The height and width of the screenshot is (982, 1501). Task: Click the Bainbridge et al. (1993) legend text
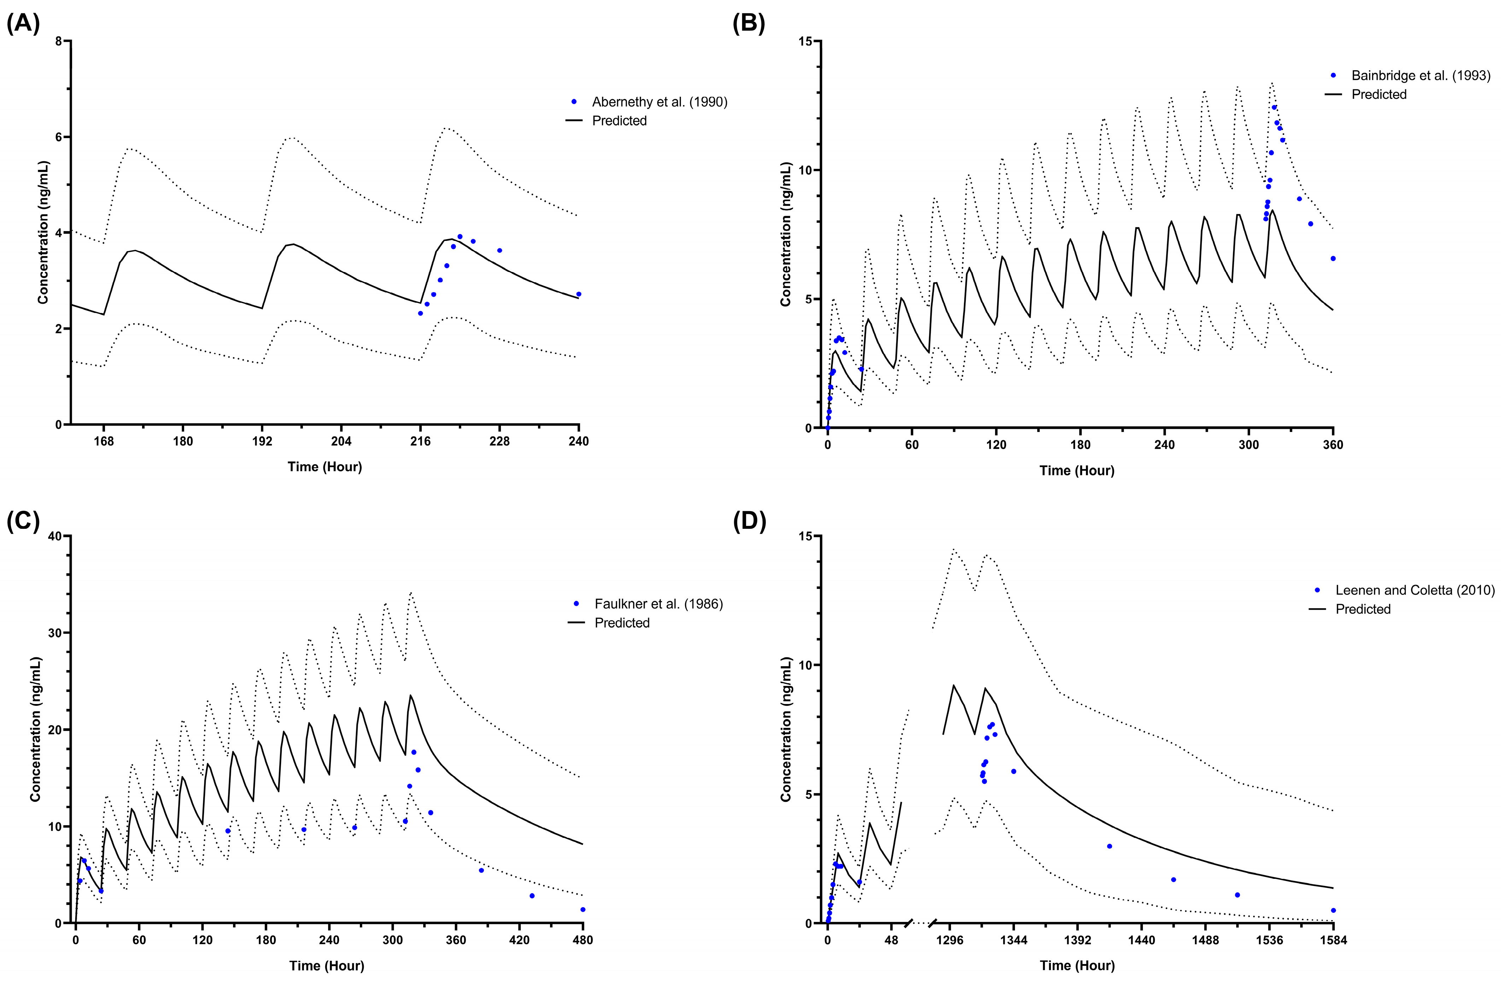pyautogui.click(x=1420, y=76)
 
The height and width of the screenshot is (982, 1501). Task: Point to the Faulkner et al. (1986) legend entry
pyautogui.click(x=659, y=604)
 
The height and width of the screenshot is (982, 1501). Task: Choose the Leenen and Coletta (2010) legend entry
pyautogui.click(x=1415, y=591)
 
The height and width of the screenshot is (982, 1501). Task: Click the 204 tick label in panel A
pyautogui.click(x=341, y=441)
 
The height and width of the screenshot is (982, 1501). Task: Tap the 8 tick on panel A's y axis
pyautogui.click(x=59, y=42)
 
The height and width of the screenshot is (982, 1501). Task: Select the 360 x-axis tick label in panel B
pyautogui.click(x=1333, y=445)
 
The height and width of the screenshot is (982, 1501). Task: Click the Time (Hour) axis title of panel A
pyautogui.click(x=325, y=467)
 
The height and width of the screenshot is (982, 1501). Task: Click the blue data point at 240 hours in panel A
pyautogui.click(x=578, y=294)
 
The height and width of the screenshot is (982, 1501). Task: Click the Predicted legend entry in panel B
pyautogui.click(x=1379, y=95)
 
